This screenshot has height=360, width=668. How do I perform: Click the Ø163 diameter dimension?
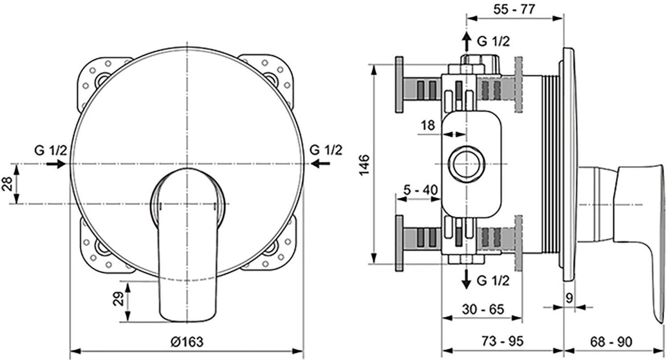tap(187, 342)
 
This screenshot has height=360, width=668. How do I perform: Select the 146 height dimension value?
tap(364, 165)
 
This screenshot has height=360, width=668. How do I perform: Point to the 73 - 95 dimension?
tap(503, 342)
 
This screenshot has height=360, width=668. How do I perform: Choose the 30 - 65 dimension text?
tap(483, 309)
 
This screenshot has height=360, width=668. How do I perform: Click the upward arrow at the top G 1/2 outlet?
tap(466, 42)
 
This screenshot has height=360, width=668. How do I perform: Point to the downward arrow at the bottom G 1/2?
tap(466, 280)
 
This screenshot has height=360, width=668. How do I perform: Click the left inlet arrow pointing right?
tap(55, 164)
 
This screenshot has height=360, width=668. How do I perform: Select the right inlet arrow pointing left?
tap(321, 164)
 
